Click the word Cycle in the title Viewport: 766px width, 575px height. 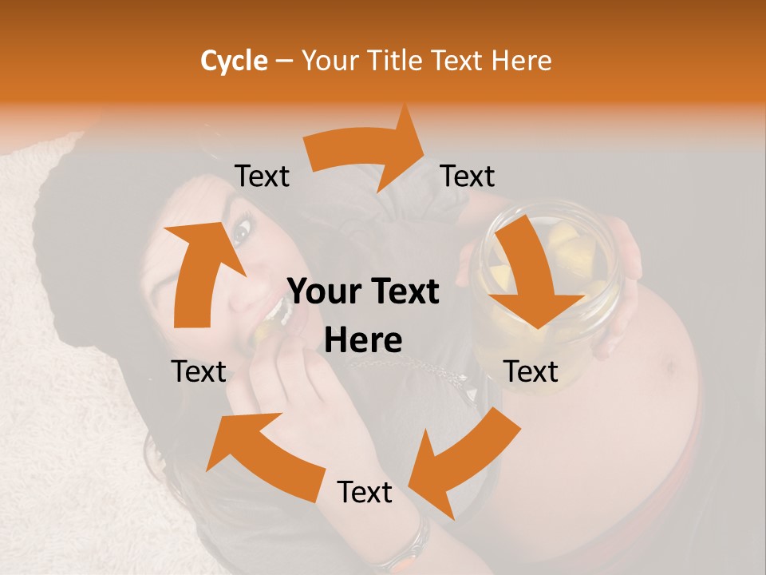click(x=234, y=61)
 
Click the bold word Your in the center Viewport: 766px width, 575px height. click(x=325, y=292)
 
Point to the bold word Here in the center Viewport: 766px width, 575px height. click(x=363, y=341)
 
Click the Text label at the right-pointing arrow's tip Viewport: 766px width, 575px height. click(x=468, y=176)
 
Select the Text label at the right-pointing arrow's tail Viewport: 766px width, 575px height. click(x=262, y=176)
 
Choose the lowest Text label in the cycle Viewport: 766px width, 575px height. click(x=365, y=492)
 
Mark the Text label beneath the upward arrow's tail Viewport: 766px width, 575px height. click(x=199, y=371)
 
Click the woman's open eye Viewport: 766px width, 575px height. click(x=241, y=232)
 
